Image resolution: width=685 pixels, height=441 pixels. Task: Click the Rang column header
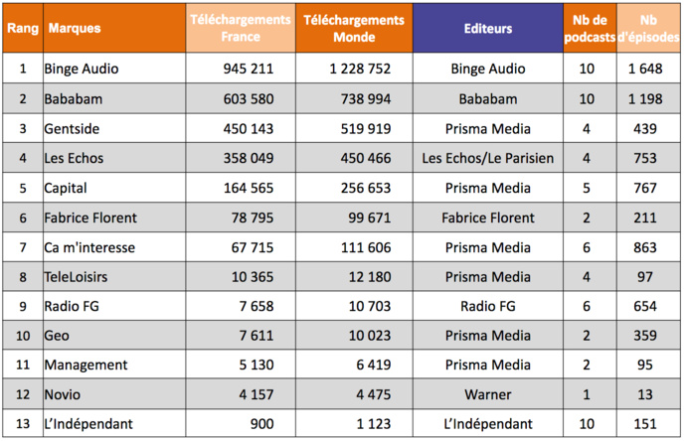pos(22,28)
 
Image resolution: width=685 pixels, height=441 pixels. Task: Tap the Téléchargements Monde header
pos(355,28)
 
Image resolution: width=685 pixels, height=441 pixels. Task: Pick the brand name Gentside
pos(72,129)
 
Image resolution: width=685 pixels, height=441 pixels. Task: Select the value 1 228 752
pos(360,70)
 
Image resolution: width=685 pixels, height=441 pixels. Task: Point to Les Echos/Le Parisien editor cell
pos(487,159)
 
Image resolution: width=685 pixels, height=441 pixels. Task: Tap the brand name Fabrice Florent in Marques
pos(90,218)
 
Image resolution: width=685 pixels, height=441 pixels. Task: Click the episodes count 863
pos(645,247)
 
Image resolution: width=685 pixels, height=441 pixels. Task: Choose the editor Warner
pos(487,395)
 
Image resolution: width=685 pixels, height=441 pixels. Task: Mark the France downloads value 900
pos(262,424)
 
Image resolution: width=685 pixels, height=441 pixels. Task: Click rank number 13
pos(22,424)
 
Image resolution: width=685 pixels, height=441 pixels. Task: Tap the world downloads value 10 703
pos(366,306)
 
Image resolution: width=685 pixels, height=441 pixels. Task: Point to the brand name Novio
pos(63,395)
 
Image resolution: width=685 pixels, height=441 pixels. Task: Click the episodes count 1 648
pos(645,70)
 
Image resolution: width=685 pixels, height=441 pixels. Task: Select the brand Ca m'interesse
pos(89,247)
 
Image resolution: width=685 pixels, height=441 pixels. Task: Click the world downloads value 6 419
pos(371,366)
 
